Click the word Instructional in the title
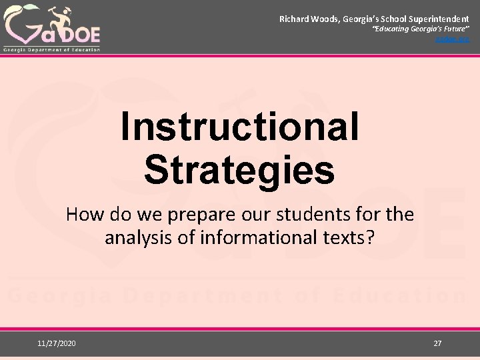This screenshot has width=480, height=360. point(240,127)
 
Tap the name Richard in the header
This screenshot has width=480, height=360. point(294,20)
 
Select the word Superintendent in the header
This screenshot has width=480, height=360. point(438,20)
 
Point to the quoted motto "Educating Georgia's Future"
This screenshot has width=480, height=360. point(421,31)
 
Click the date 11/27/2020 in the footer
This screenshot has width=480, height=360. point(57,343)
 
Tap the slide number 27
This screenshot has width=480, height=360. point(437,343)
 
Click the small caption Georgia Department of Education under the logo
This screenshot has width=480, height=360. point(52,49)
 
